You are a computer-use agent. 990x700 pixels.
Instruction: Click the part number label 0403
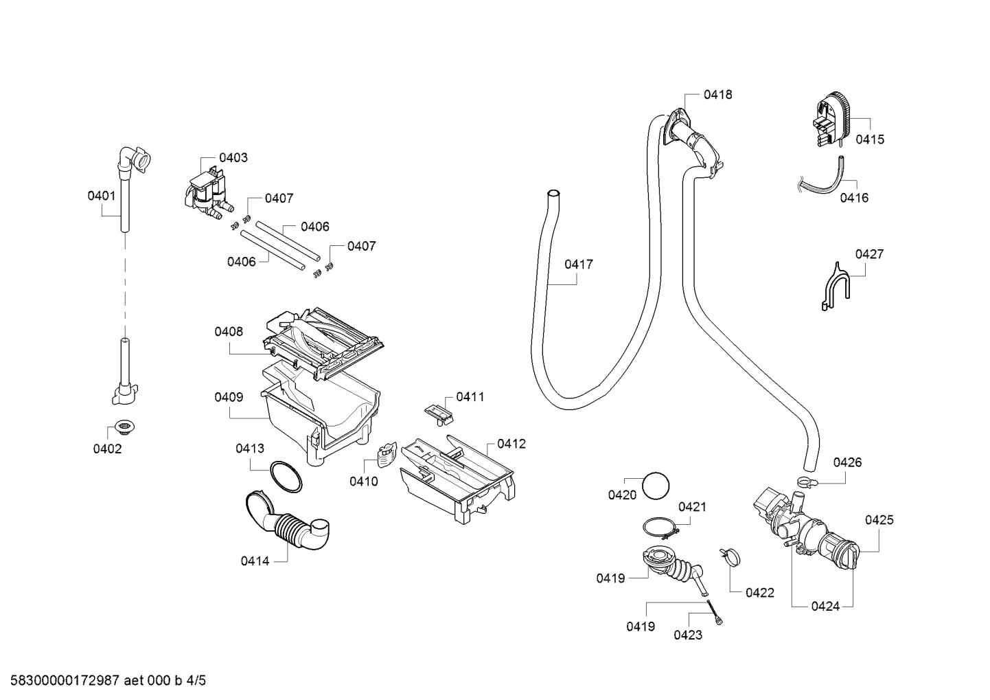[x=233, y=157]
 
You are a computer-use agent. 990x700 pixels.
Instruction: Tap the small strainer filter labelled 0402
[x=125, y=427]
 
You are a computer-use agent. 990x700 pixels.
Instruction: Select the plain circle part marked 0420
[x=656, y=486]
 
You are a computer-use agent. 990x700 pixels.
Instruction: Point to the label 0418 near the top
[x=717, y=94]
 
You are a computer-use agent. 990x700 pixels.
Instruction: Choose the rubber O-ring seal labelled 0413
[x=286, y=477]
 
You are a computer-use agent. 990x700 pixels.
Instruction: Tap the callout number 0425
[x=879, y=519]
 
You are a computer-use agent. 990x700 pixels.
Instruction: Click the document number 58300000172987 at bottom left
[x=64, y=680]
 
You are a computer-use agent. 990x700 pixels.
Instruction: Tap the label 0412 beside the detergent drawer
[x=511, y=444]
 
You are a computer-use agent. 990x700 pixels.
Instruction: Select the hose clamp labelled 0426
[x=807, y=482]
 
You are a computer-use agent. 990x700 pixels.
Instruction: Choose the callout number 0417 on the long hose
[x=579, y=264]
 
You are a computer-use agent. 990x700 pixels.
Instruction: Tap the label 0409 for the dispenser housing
[x=229, y=397]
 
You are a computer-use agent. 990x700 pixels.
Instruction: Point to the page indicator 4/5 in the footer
[x=196, y=680]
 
